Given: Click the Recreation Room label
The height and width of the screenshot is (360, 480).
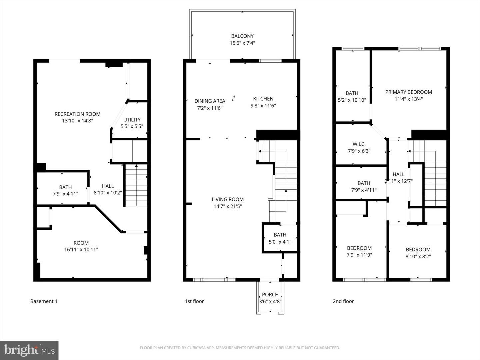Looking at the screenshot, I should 77,114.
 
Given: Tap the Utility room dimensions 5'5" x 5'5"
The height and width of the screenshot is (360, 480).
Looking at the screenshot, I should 132,126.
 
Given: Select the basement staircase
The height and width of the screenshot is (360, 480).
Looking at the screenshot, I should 136,185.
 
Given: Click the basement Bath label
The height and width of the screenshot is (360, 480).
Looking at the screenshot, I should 65,187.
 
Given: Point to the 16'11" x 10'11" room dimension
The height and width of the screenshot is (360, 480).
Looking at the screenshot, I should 81,250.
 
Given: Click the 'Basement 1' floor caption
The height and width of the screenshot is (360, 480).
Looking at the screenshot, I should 44,301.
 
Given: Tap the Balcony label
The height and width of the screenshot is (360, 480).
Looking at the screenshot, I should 242,36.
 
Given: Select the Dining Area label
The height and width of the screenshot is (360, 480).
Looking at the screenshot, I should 210,101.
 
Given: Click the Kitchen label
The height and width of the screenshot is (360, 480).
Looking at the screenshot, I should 263,99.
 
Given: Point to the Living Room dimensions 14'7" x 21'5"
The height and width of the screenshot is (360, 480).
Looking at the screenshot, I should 228,206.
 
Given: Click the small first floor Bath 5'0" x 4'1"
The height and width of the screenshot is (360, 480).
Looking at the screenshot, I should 280,238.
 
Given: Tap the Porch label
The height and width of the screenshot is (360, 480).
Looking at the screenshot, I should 270,295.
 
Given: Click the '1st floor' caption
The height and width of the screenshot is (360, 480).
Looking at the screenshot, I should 194,301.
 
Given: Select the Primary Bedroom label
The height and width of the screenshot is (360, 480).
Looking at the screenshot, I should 408,92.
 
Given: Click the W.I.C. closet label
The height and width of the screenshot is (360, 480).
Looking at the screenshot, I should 359,144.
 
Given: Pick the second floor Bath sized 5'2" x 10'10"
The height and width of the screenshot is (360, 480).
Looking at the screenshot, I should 352,97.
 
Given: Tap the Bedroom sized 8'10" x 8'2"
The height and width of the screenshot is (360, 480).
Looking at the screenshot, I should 418,253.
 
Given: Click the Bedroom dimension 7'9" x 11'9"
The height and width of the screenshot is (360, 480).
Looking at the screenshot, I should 359,255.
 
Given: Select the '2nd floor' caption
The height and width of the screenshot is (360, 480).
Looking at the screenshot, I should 343,301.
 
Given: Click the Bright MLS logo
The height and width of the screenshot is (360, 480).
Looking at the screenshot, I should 29,350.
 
